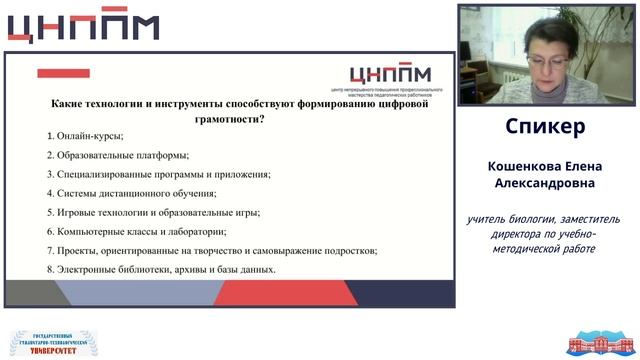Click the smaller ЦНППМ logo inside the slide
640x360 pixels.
391,74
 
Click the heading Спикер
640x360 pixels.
545,127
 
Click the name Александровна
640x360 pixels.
545,184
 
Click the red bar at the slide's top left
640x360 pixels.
63,73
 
